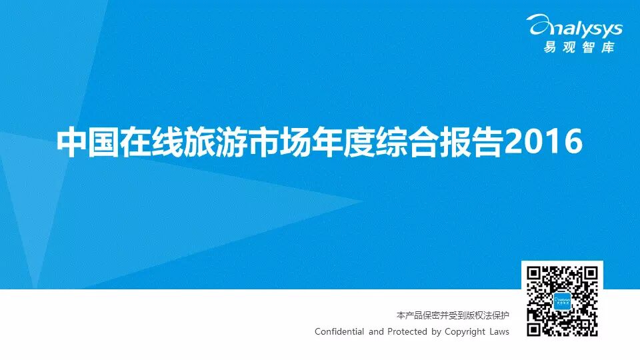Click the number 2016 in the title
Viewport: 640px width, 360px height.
click(x=543, y=141)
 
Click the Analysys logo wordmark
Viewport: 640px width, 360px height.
click(x=576, y=27)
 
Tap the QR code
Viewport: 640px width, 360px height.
click(x=562, y=301)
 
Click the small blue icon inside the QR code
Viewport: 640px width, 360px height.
click(x=562, y=301)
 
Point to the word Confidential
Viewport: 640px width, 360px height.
click(x=339, y=332)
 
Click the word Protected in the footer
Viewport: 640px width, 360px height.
click(x=407, y=332)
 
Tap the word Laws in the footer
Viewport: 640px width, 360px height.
click(x=499, y=332)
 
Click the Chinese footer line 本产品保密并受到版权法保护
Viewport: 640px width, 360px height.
click(x=453, y=315)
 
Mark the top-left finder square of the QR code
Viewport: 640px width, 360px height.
click(x=534, y=273)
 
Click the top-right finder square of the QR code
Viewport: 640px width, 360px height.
click(x=590, y=273)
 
